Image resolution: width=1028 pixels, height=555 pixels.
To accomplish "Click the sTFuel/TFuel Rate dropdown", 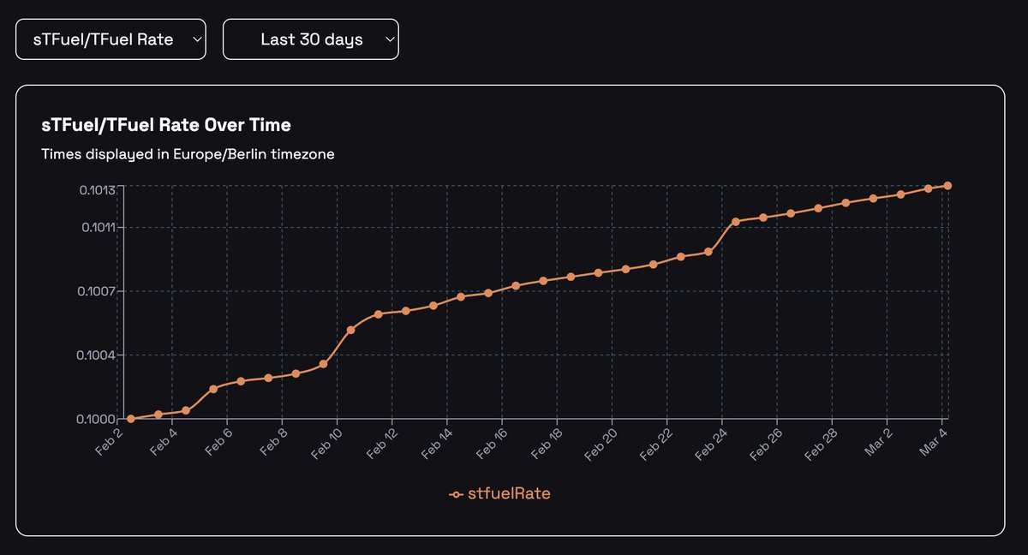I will (111, 39).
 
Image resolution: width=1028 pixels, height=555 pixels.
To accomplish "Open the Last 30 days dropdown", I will (310, 39).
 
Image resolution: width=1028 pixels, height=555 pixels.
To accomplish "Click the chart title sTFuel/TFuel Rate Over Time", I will (166, 125).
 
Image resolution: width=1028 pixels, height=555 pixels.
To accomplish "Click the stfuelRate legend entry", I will (500, 494).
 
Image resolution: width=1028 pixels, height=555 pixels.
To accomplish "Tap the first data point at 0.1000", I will (131, 419).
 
